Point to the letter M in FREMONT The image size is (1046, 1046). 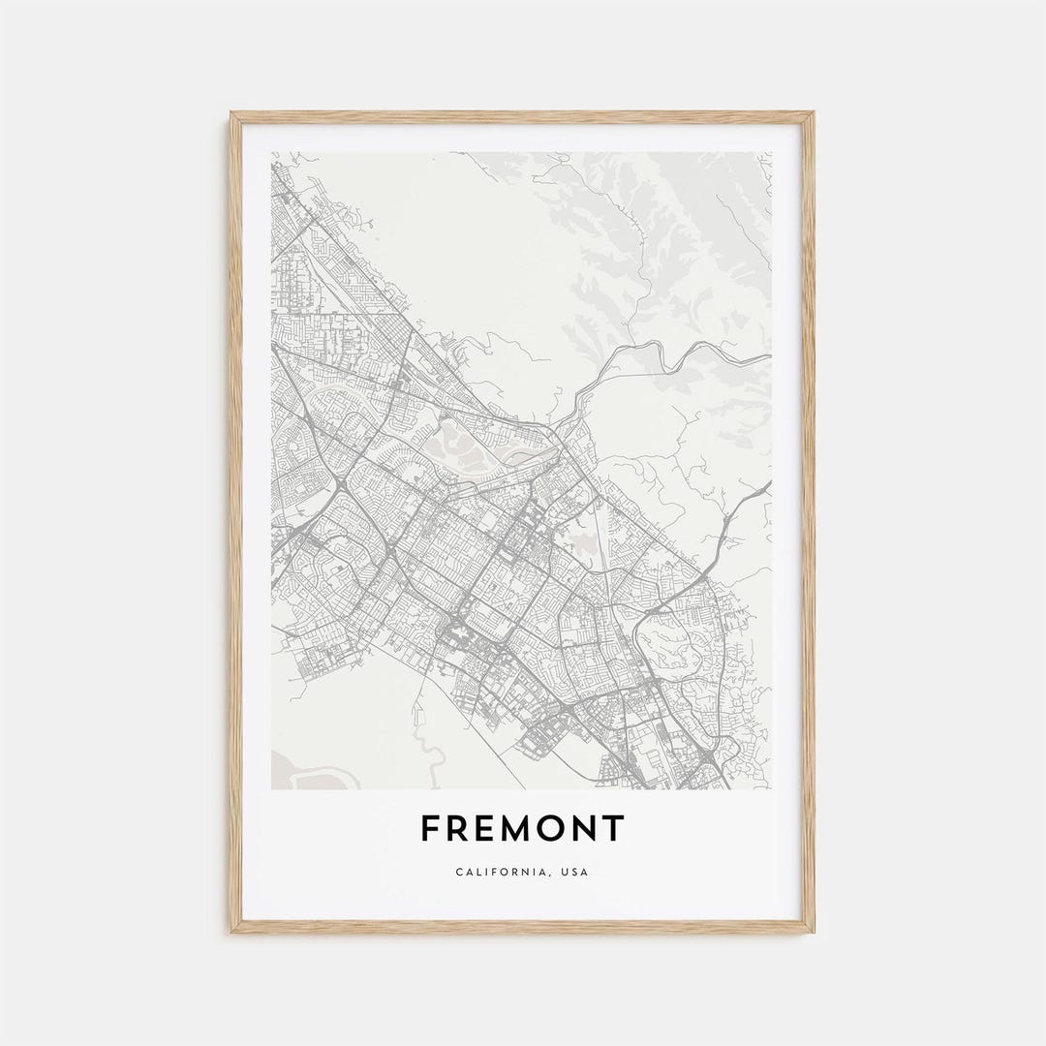coord(522,829)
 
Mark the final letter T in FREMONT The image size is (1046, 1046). coord(615,829)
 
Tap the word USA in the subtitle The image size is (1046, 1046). coord(575,872)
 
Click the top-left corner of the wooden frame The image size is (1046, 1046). coord(232,114)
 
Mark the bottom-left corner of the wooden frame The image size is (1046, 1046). coord(232,931)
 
